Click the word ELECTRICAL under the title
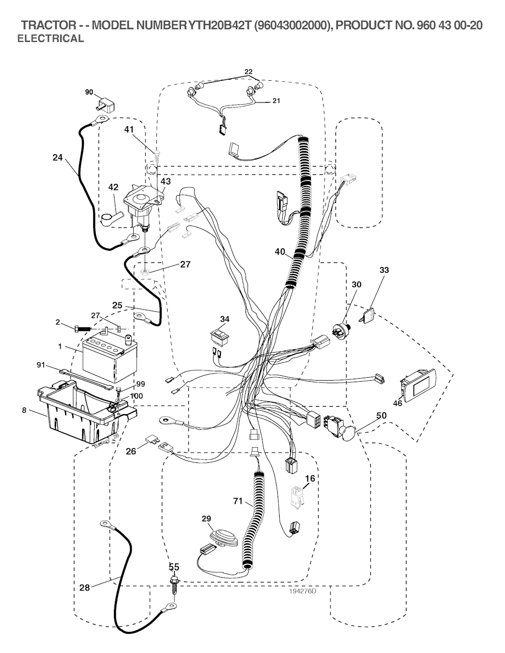click(x=50, y=39)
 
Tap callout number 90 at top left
click(x=89, y=92)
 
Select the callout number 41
click(x=129, y=130)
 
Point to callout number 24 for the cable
click(x=58, y=158)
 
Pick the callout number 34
click(x=224, y=319)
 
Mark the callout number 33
click(x=384, y=270)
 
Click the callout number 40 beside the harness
click(x=280, y=252)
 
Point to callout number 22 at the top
click(x=249, y=72)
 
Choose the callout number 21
click(x=276, y=101)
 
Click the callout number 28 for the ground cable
click(x=85, y=587)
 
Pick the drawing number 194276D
click(x=302, y=591)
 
